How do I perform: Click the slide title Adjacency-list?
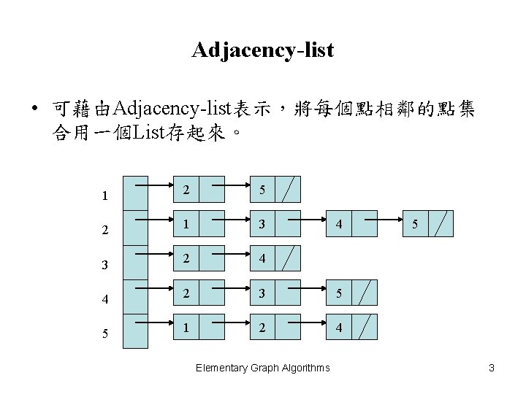[x=263, y=50]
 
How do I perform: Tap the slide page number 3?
[x=492, y=368]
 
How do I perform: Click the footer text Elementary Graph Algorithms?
[x=263, y=368]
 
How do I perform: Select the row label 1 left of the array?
[x=106, y=196]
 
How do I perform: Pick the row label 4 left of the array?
[x=106, y=298]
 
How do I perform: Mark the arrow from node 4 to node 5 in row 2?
[x=387, y=217]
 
